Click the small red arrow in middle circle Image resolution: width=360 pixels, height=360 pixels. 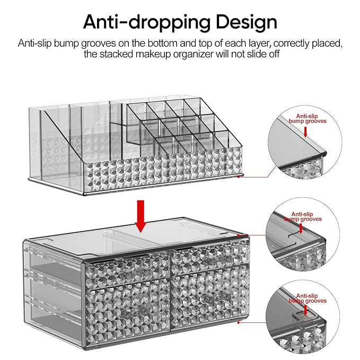click(x=301, y=229)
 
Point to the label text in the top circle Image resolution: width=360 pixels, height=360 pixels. click(x=311, y=118)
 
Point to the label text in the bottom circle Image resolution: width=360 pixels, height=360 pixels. click(x=311, y=298)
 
